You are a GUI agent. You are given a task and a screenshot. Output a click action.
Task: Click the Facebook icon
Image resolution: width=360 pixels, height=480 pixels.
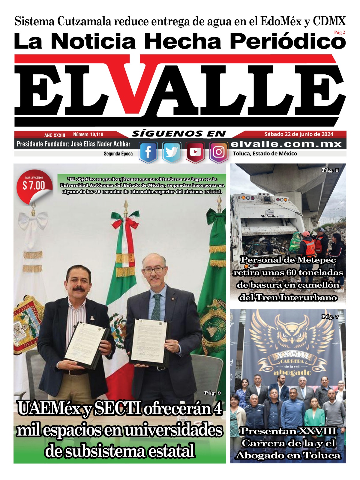click(148, 152)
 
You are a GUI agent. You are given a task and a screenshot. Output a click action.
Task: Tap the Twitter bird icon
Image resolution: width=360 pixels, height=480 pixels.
click(172, 152)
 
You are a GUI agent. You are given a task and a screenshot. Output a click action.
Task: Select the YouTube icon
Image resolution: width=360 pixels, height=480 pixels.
click(195, 152)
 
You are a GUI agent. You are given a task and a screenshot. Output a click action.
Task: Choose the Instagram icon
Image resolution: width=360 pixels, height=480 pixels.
click(219, 152)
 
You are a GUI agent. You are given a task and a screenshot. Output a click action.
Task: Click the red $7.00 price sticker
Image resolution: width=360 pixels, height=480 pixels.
click(34, 186)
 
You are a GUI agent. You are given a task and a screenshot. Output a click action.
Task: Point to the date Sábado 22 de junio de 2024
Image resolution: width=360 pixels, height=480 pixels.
click(299, 134)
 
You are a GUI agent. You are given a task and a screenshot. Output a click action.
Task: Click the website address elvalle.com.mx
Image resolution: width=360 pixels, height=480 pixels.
click(286, 144)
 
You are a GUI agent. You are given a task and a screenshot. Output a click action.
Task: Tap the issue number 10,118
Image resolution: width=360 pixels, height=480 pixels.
click(96, 135)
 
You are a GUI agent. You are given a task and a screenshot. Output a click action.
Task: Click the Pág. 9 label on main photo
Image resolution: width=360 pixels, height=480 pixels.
click(212, 393)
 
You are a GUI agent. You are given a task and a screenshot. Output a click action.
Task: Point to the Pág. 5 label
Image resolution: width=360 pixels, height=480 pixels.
click(330, 170)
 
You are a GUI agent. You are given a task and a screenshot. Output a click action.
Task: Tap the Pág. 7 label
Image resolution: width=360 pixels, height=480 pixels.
click(330, 317)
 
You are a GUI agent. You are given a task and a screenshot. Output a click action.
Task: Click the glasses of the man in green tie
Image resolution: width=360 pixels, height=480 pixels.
click(153, 270)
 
